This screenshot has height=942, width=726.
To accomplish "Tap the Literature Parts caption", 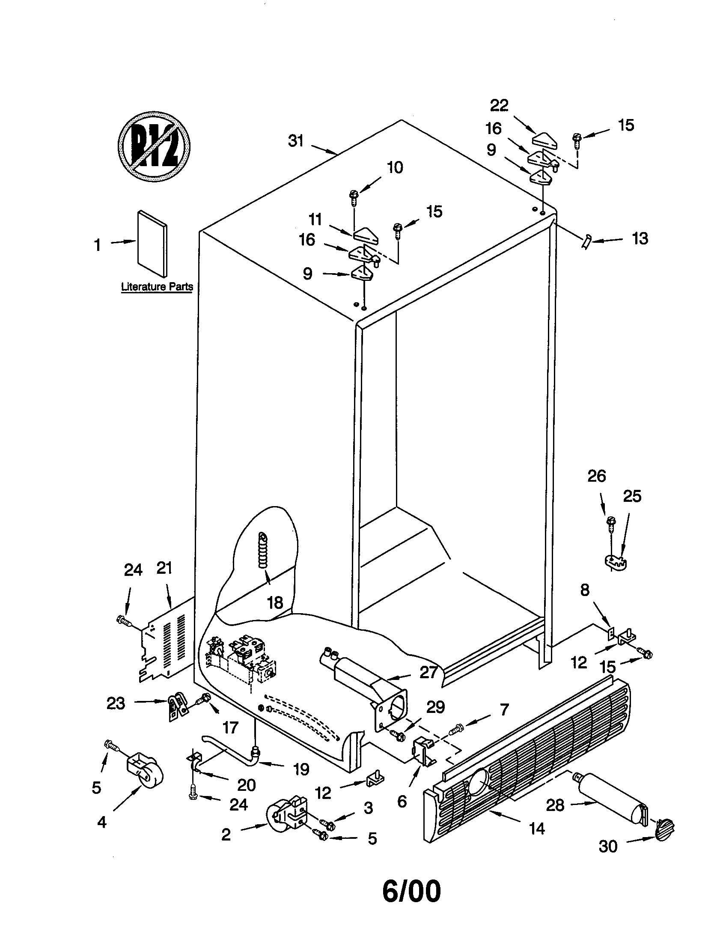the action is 157,286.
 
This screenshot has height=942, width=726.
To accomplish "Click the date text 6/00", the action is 411,891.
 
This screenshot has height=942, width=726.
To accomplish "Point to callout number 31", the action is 296,141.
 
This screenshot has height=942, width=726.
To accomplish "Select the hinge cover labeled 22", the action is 545,140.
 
